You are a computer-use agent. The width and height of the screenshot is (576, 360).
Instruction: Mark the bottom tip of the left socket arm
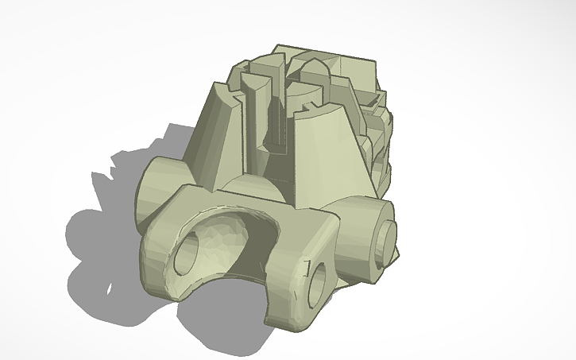pyautogui.click(x=171, y=290)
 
